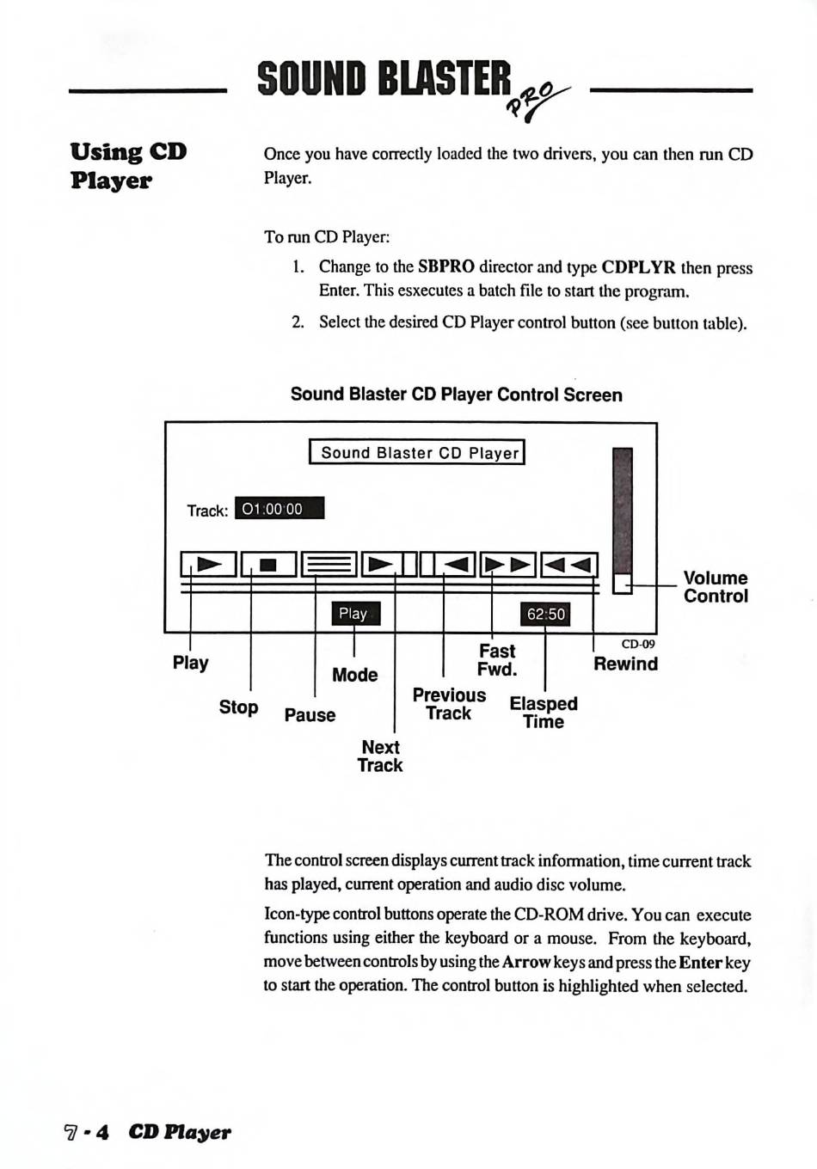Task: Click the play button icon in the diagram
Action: [208, 565]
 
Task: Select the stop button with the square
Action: [268, 565]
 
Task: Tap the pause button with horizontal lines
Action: [329, 565]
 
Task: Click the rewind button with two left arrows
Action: [568, 565]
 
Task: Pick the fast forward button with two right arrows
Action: [508, 565]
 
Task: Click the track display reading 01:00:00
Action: [279, 509]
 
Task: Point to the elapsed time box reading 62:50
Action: [546, 614]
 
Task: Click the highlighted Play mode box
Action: [354, 613]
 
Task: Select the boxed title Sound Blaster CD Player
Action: [417, 452]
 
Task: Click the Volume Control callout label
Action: [716, 587]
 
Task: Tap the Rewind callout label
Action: [625, 664]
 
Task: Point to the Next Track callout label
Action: [380, 756]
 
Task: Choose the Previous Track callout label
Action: [449, 704]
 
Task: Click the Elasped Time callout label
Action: [544, 713]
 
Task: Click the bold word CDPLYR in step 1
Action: [638, 267]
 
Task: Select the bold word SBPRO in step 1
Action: [445, 266]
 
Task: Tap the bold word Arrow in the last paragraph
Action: [526, 963]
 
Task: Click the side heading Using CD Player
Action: [128, 166]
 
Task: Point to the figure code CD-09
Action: [638, 644]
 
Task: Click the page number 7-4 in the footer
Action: [87, 1132]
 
